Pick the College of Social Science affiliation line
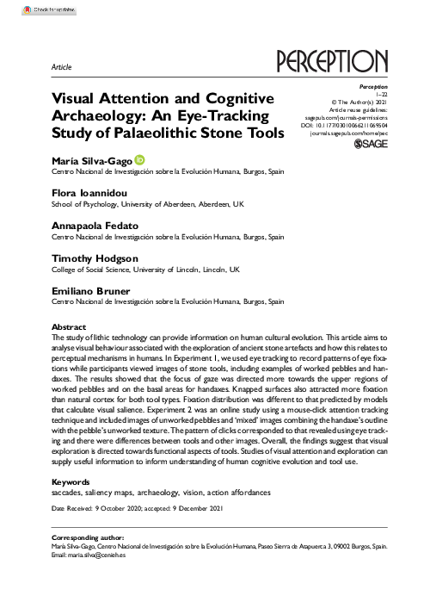136,270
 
